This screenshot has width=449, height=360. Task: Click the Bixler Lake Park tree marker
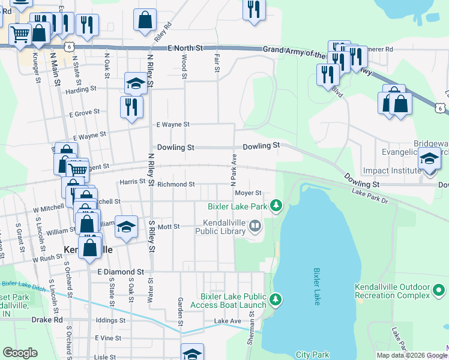click(276, 206)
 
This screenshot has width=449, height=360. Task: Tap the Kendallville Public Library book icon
click(255, 226)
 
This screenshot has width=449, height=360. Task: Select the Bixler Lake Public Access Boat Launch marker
click(276, 299)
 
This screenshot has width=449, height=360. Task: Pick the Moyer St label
click(248, 193)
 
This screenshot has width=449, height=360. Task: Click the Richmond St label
click(176, 184)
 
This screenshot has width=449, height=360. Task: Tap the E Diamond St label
click(121, 272)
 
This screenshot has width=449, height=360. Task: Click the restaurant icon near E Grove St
click(131, 107)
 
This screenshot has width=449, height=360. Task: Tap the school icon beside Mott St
click(126, 226)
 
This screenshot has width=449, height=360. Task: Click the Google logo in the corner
click(20, 353)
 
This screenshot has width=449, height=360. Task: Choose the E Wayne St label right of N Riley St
click(173, 125)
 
